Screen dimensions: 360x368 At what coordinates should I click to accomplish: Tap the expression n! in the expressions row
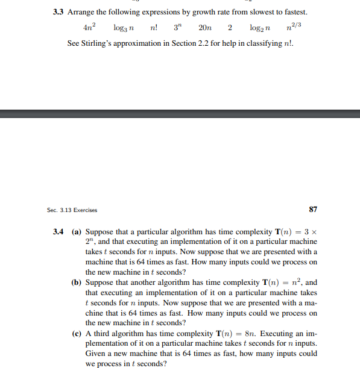(153, 28)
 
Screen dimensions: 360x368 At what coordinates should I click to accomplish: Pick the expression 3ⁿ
(176, 28)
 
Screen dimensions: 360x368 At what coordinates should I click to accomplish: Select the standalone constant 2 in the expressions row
(230, 28)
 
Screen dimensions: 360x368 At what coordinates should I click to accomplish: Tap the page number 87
(312, 210)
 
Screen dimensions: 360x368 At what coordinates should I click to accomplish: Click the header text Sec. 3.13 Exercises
(72, 210)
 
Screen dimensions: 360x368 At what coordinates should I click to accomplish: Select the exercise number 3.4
(58, 231)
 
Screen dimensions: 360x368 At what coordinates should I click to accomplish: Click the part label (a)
(77, 231)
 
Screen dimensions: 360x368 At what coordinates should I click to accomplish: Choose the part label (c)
(77, 333)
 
